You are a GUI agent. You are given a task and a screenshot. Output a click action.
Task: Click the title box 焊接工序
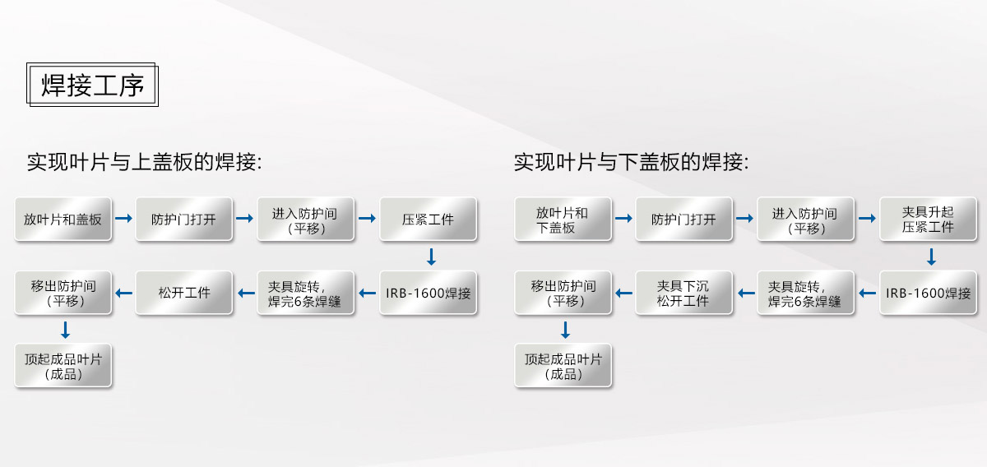coord(92,85)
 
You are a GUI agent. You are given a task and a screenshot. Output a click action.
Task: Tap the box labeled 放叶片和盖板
coord(63,219)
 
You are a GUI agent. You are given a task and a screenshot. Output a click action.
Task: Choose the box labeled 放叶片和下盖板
coord(563,219)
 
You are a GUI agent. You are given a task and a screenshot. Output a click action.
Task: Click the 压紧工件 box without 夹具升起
coord(428,219)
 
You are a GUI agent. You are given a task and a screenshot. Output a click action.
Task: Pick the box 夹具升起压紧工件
coord(928,219)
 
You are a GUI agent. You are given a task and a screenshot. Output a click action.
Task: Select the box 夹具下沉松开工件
coord(683,293)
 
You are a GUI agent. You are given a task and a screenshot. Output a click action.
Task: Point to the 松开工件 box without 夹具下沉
coord(183,293)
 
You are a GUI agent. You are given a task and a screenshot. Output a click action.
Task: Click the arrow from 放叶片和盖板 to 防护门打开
coord(124,218)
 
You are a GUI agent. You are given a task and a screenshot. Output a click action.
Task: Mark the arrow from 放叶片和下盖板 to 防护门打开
coord(623,218)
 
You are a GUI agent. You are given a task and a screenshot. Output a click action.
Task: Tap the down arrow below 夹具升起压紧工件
coord(931,257)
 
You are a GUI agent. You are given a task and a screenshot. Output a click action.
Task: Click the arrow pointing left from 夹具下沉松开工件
coord(623,293)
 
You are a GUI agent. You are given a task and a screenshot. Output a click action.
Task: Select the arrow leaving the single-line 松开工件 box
coord(124,293)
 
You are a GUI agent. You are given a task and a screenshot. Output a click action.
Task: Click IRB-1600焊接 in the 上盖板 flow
coord(428,293)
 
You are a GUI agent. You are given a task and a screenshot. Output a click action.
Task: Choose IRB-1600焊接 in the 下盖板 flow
coord(928,293)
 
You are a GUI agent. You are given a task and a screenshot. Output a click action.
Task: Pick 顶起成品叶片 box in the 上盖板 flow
coord(63,366)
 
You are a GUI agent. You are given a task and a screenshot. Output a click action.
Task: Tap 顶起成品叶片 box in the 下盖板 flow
coord(563,366)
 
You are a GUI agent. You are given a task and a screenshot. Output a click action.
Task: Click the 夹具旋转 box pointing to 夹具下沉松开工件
coord(805,293)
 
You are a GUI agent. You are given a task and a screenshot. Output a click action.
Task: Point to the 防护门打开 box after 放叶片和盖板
coord(183,219)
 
